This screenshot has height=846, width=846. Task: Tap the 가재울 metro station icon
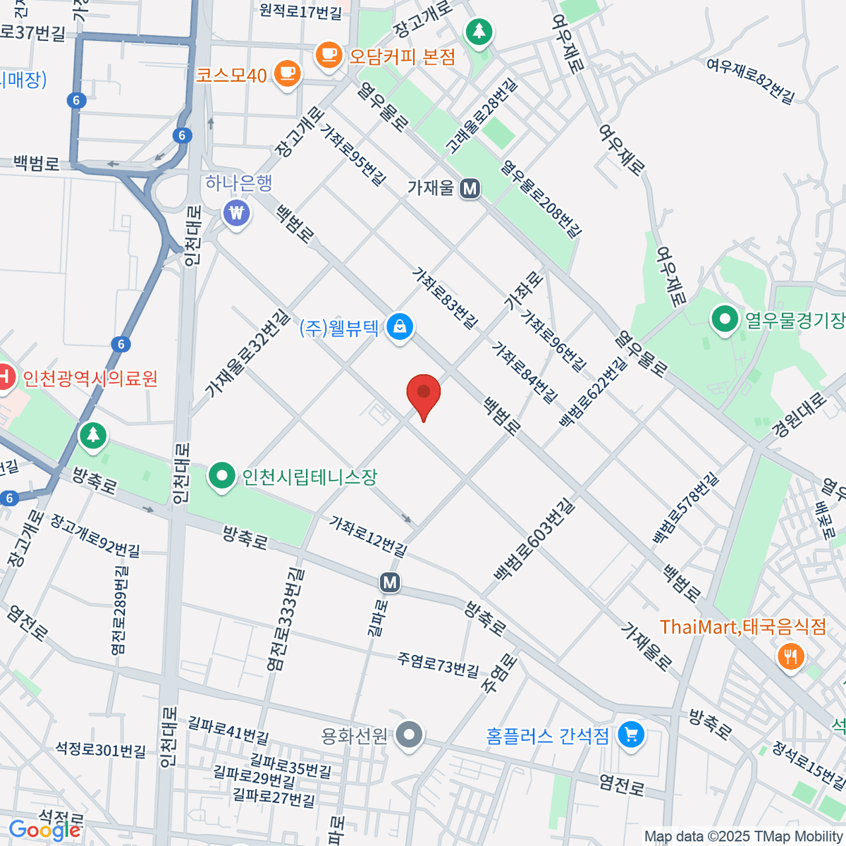coord(470,188)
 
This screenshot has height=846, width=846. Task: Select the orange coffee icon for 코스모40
coord(287,73)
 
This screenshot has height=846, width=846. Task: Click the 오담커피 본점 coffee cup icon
coord(329,55)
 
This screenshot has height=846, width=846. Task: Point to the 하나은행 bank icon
coord(236,212)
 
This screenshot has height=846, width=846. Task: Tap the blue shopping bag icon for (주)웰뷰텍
coord(400,327)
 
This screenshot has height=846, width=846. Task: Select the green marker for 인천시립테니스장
coord(222,476)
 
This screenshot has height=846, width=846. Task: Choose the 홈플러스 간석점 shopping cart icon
coord(630,735)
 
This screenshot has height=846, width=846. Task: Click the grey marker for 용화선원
coord(408,735)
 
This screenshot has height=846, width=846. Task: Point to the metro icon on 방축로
coord(390,582)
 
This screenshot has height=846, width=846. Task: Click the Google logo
coord(44,830)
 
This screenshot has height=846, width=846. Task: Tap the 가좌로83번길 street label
coord(446,298)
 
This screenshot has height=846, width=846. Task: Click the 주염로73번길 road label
coord(438,663)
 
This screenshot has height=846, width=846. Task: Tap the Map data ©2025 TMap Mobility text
coord(743,836)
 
